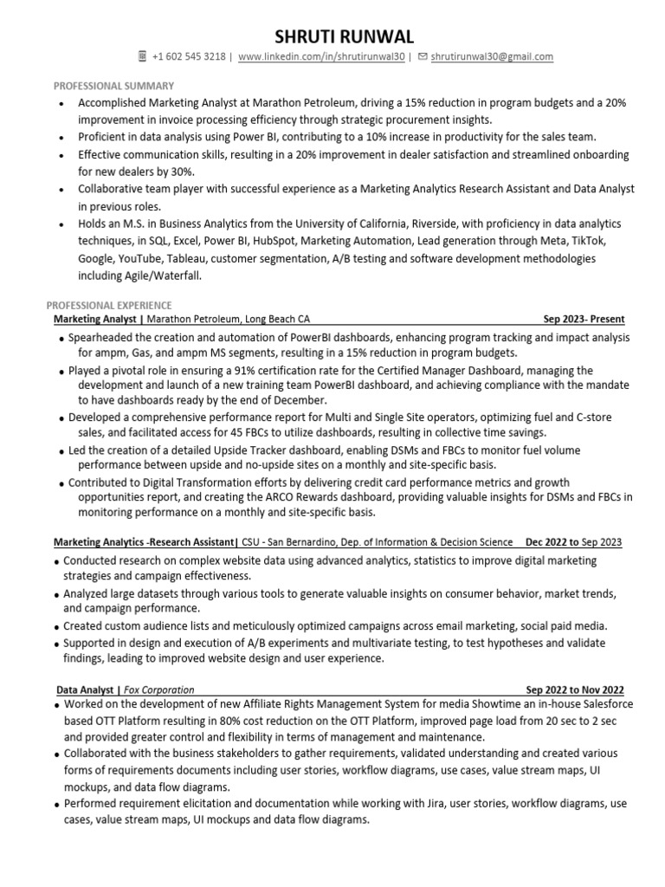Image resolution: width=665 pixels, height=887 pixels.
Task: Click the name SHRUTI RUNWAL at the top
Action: click(332, 36)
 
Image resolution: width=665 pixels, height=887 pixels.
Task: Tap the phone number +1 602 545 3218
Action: click(188, 57)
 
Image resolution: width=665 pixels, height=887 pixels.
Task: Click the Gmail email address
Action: click(492, 57)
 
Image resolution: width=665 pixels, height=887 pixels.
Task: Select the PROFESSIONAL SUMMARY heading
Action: click(113, 86)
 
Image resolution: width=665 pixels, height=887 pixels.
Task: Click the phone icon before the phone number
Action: click(143, 57)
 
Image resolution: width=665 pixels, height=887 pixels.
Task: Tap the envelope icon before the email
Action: click(422, 57)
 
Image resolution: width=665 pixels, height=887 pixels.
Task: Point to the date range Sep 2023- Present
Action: click(584, 319)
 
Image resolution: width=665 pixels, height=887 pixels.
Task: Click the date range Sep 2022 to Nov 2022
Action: click(574, 690)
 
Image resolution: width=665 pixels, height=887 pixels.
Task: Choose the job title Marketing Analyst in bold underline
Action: click(97, 319)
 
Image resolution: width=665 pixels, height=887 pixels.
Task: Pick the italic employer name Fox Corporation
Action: click(159, 690)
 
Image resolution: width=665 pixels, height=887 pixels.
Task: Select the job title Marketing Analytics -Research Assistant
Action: click(145, 542)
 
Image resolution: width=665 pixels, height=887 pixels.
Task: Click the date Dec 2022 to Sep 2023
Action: click(573, 542)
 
